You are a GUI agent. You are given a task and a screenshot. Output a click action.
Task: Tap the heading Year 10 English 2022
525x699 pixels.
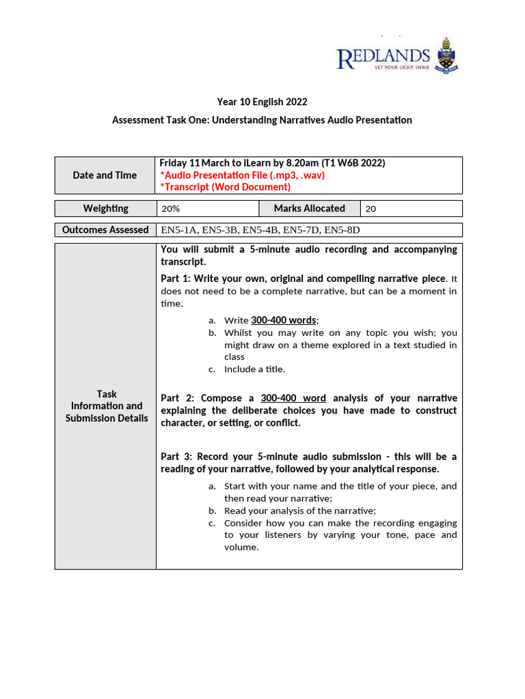pyautogui.click(x=262, y=102)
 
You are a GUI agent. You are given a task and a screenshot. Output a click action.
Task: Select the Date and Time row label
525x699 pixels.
pyautogui.click(x=105, y=175)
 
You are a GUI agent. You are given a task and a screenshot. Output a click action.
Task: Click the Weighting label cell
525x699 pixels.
pyautogui.click(x=105, y=208)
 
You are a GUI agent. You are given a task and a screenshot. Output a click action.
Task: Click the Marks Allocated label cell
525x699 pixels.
pyautogui.click(x=309, y=208)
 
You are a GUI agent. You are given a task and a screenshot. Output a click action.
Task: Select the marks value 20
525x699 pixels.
pyautogui.click(x=371, y=209)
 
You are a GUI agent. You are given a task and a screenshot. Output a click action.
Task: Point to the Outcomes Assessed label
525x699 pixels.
pyautogui.click(x=105, y=230)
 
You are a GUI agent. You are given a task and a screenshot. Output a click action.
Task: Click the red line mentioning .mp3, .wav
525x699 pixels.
pyautogui.click(x=242, y=175)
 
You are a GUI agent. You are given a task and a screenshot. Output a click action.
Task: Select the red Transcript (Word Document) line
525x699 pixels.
pyautogui.click(x=225, y=187)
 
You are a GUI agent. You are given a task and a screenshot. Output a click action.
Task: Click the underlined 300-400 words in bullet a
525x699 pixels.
pyautogui.click(x=283, y=320)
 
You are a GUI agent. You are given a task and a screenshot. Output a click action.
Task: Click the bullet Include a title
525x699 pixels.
pyautogui.click(x=254, y=369)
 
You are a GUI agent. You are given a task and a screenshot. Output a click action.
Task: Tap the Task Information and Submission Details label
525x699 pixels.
pyautogui.click(x=106, y=405)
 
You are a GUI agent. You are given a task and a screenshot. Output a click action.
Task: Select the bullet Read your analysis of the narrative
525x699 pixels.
pyautogui.click(x=299, y=511)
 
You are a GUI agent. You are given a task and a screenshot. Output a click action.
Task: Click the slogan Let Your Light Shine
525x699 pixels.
pyautogui.click(x=397, y=69)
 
